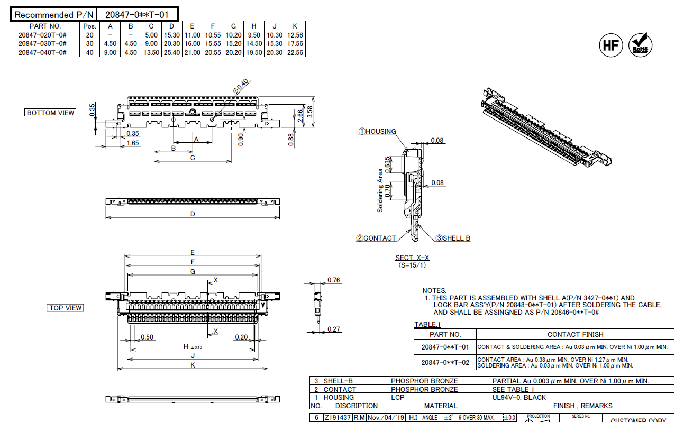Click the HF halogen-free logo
[610, 46]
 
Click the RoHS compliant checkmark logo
[640, 46]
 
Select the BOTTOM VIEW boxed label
[51, 113]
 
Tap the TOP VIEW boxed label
[66, 308]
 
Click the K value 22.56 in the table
[295, 52]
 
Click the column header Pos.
[89, 26]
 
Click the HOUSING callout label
[378, 131]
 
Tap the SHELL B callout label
[453, 238]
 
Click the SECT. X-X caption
[413, 258]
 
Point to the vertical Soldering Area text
[380, 190]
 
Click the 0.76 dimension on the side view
[334, 280]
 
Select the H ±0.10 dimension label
[192, 347]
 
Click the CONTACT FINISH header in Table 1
[575, 334]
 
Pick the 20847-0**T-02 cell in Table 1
[445, 362]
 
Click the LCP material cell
[398, 397]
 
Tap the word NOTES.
[434, 290]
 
